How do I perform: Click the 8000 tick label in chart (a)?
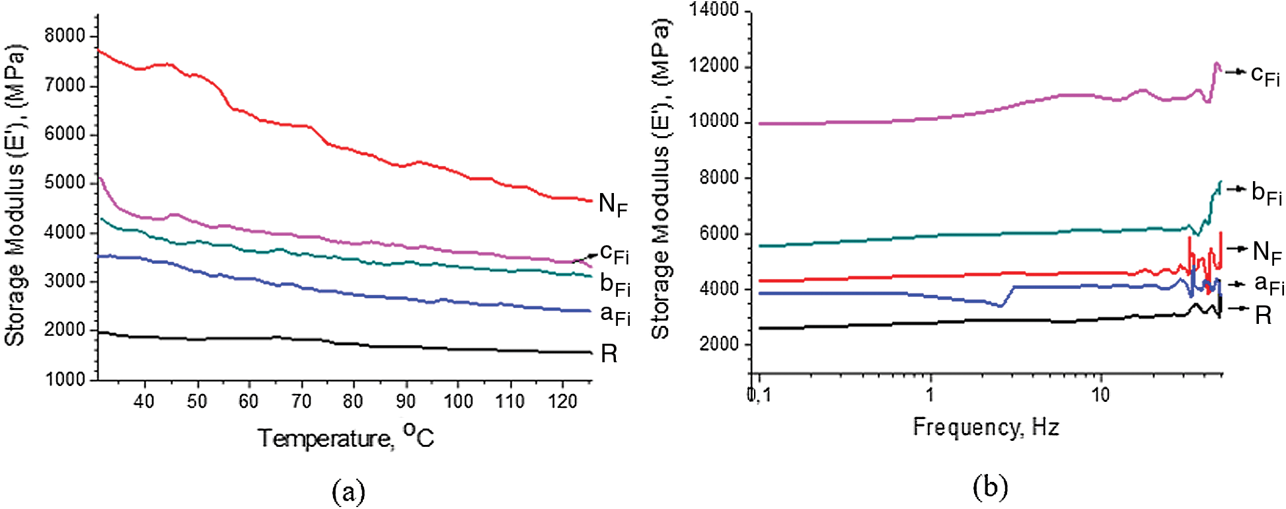point(65,36)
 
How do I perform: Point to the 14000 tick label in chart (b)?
point(714,11)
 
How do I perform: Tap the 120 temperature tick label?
point(562,401)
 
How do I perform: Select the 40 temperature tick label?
point(144,401)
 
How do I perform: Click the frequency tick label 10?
point(1100,395)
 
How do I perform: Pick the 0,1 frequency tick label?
point(759,395)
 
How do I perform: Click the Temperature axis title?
point(346,437)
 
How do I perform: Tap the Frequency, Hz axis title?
point(986,427)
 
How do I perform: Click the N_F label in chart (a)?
point(613,204)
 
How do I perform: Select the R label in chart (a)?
point(609,354)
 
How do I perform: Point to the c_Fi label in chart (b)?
point(1265,75)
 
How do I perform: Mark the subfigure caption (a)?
point(348,491)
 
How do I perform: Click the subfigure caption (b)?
point(990,487)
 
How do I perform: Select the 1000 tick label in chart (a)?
point(65,379)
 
